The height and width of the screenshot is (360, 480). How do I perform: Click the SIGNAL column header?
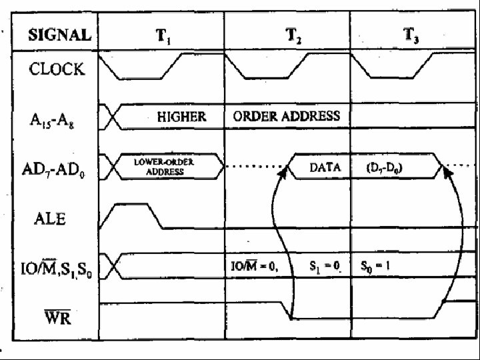click(x=59, y=35)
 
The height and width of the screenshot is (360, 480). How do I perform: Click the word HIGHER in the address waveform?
click(x=181, y=116)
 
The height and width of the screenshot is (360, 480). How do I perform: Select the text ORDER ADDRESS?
click(x=287, y=116)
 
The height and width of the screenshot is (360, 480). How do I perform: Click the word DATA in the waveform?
click(x=325, y=168)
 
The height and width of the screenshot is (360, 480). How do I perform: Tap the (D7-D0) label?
click(x=385, y=168)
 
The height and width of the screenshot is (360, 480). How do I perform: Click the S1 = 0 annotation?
click(x=325, y=267)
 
